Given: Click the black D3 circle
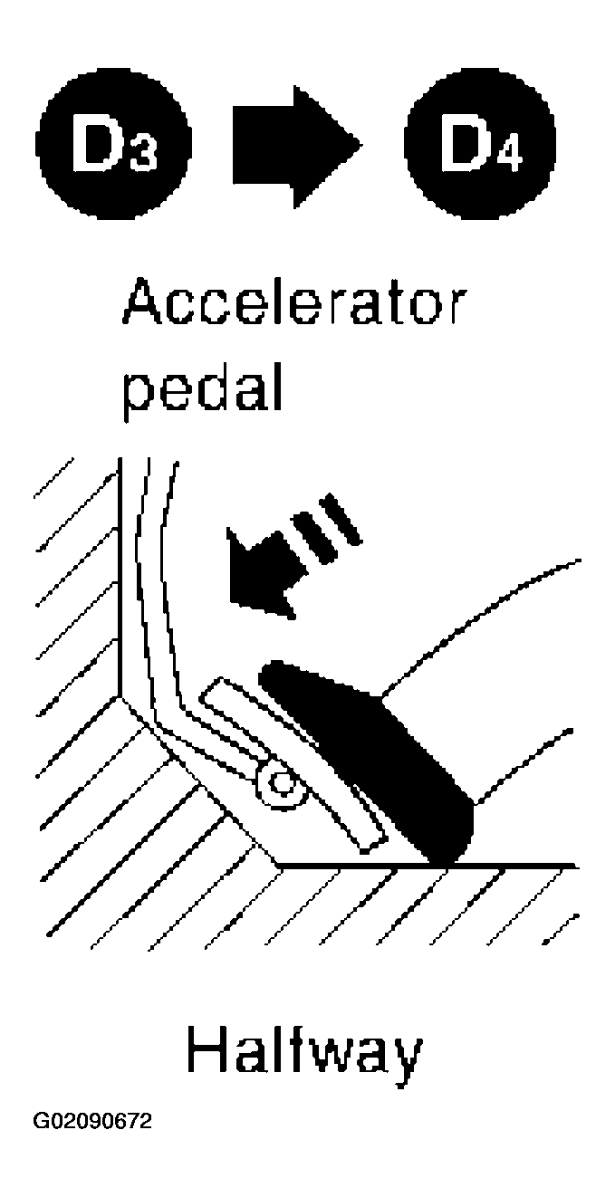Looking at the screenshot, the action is tap(113, 143).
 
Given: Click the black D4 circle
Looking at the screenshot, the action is tap(480, 143).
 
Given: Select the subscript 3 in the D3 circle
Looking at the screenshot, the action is tap(143, 156).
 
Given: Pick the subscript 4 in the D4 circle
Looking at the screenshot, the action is tap(509, 156).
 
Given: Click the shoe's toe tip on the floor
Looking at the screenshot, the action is tap(445, 860).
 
